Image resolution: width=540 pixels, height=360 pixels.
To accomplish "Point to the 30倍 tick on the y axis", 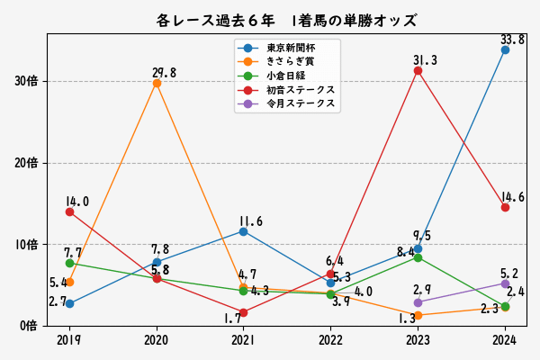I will pyautogui.click(x=26, y=82).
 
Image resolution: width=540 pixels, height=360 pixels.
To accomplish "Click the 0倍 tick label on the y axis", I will pyautogui.click(x=29, y=325).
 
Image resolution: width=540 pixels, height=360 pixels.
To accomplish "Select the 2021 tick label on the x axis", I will pyautogui.click(x=243, y=340).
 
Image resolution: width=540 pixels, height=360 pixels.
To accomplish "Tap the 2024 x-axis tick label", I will pyautogui.click(x=505, y=340).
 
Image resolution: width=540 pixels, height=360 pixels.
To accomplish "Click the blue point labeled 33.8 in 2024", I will pyautogui.click(x=505, y=49).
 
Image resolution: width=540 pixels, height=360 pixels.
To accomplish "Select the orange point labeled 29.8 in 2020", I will pyautogui.click(x=157, y=83).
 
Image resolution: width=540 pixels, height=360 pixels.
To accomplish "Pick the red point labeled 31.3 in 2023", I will pyautogui.click(x=418, y=70).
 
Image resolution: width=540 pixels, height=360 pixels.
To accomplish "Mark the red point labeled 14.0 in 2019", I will pyautogui.click(x=69, y=211).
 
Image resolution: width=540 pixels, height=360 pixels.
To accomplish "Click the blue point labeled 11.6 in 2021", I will pyautogui.click(x=243, y=231).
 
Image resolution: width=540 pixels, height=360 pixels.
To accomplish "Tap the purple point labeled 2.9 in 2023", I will pyautogui.click(x=418, y=302).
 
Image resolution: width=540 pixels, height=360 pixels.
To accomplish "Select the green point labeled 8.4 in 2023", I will pyautogui.click(x=418, y=257).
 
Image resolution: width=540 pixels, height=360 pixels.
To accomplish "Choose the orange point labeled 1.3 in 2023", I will pyautogui.click(x=418, y=315).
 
